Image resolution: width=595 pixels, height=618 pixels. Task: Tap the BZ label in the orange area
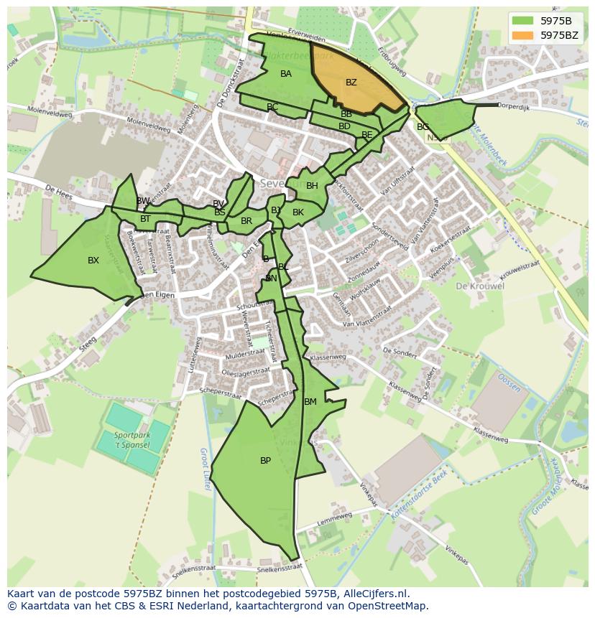coord(351,83)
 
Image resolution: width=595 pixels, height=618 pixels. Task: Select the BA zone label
coord(286,74)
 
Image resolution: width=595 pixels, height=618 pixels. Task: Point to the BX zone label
coord(93,261)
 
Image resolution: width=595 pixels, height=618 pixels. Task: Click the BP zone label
coord(265,461)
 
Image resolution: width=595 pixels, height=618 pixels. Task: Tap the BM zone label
coord(310,402)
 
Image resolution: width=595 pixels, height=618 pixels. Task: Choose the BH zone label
coord(312,186)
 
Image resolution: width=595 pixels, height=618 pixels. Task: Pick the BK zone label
coord(298,212)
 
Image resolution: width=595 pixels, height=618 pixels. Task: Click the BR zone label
coord(246,221)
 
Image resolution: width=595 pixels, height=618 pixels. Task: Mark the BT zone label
coord(145,219)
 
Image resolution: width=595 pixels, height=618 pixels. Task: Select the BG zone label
coord(423,127)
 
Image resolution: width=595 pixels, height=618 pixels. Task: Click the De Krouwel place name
coord(479,286)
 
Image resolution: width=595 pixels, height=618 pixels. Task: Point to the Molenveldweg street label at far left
coord(49,113)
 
